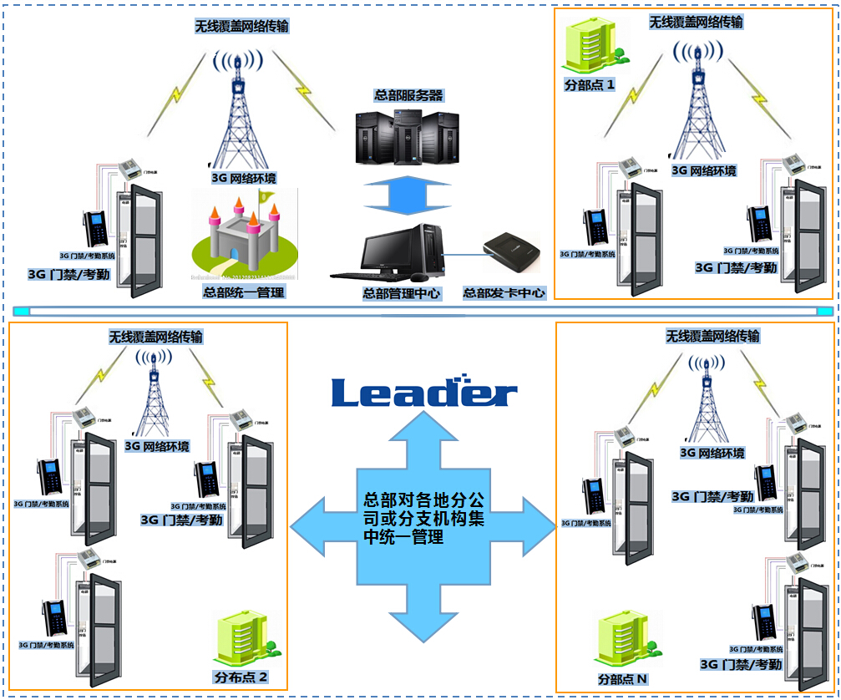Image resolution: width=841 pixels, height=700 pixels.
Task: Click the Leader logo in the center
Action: (x=424, y=393)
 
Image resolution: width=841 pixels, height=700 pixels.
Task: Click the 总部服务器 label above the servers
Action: (x=409, y=95)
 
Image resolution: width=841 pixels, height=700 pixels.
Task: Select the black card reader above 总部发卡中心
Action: (x=512, y=252)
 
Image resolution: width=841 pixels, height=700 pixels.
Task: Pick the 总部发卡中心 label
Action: (x=504, y=293)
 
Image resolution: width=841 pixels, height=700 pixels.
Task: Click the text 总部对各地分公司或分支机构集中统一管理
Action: (x=424, y=518)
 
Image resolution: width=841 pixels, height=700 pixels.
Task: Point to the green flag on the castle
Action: (x=266, y=197)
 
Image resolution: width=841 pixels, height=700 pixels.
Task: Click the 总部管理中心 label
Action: (x=401, y=293)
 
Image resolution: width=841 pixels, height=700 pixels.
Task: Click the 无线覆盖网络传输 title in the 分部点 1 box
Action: (x=696, y=23)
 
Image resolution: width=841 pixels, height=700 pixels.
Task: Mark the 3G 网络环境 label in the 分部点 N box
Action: (x=712, y=453)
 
